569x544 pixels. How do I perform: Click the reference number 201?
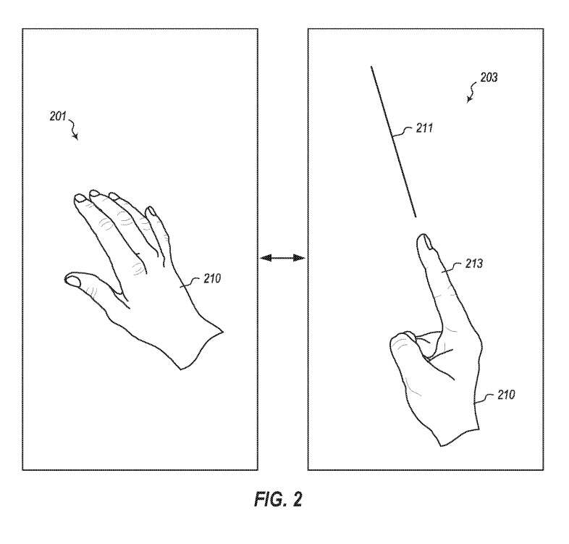58,116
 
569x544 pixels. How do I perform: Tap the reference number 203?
489,78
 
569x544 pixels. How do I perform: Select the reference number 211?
424,128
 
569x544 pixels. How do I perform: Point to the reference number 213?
474,264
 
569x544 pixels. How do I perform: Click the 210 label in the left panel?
212,279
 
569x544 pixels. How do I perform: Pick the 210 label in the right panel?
506,395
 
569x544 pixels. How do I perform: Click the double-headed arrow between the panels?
282,258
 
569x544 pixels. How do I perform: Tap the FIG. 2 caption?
278,499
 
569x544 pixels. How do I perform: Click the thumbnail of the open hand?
72,280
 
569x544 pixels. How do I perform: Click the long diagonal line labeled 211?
393,142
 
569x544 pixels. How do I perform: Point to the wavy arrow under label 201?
72,129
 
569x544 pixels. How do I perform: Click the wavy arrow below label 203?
472,92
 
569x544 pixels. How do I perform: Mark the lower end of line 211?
416,217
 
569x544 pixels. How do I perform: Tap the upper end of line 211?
371,67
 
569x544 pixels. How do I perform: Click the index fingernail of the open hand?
80,198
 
